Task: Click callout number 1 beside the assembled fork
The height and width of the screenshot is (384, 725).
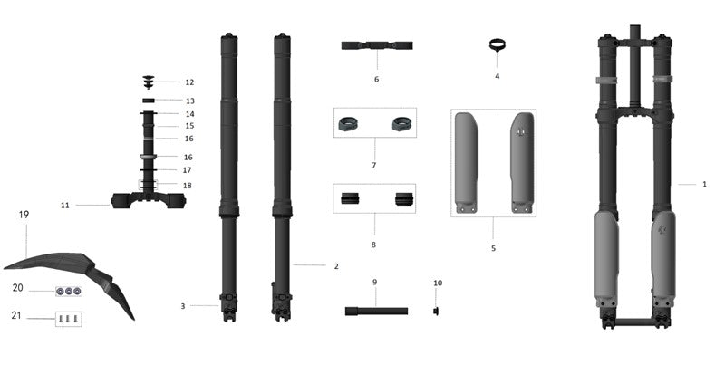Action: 704,185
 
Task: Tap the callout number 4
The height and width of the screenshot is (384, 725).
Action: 497,77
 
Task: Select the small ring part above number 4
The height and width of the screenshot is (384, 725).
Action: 496,45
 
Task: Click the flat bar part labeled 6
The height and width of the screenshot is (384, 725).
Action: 378,45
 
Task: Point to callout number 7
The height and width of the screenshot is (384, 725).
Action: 373,166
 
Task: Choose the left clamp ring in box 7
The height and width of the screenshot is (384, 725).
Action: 349,123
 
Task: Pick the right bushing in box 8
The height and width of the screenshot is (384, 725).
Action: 403,198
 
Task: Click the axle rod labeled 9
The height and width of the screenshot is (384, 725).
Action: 375,311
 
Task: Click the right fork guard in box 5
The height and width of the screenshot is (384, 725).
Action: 522,161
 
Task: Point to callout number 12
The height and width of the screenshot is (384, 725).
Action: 189,82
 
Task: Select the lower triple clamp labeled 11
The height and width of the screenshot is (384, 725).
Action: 148,200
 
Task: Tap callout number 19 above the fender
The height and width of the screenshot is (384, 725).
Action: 24,215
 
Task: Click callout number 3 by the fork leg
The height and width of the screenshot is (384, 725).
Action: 182,306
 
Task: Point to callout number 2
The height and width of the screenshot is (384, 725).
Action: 335,266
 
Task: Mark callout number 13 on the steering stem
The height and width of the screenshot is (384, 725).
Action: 190,101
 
